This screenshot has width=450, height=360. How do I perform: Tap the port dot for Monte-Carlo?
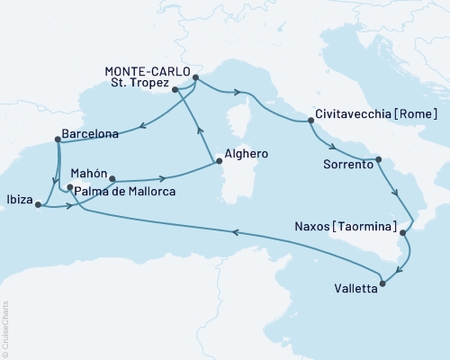195,77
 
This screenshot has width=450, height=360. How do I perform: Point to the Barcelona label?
90,134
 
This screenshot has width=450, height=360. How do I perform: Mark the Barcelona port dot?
58,139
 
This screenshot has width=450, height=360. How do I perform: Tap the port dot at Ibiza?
38,205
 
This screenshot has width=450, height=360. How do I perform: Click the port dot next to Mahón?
112,178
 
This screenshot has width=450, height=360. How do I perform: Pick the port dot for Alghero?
216,162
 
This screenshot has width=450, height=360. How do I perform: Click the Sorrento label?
345,165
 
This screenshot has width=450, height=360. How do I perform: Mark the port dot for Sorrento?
378,159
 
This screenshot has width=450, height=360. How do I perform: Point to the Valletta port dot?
383,283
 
